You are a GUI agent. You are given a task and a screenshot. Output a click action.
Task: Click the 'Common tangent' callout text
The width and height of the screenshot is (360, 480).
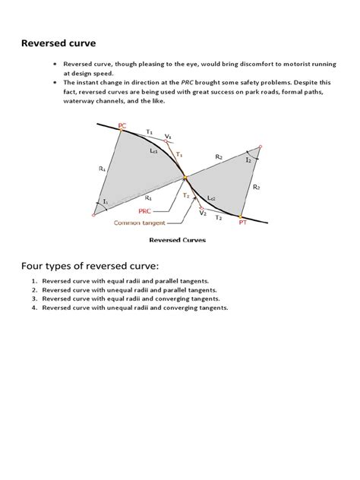point(139,223)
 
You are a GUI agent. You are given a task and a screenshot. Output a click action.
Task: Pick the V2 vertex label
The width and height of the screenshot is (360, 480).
point(203,213)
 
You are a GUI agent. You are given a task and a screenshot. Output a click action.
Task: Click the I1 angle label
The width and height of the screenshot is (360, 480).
point(106,201)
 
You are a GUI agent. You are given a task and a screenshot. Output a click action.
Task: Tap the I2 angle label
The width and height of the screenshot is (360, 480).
point(248,160)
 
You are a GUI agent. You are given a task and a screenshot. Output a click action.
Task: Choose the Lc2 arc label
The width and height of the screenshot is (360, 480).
point(210,198)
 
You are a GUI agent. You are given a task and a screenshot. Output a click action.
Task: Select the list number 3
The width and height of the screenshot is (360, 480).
point(33,299)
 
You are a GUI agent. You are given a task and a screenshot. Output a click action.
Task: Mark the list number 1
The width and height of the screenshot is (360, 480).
point(33,281)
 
